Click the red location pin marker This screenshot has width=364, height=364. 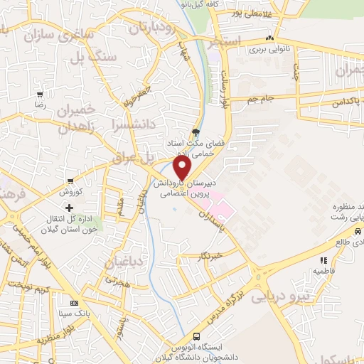183,167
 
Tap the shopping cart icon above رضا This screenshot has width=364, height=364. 41,94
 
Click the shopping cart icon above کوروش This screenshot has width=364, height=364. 70,183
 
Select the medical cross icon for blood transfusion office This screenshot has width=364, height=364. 69,208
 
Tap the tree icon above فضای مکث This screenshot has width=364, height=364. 196,132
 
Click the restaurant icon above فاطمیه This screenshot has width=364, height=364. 323,260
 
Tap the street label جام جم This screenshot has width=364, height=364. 262,97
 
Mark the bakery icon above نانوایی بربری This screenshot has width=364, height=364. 269,38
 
